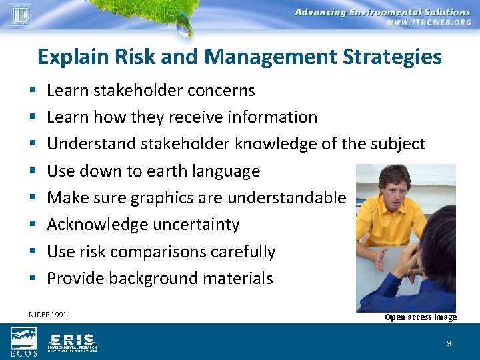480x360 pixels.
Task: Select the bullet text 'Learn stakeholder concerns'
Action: click(151, 90)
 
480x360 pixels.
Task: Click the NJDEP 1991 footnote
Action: click(48, 315)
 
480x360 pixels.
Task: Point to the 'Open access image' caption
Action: click(421, 317)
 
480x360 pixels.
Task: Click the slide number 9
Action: click(449, 343)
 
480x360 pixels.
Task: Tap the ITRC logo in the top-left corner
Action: click(19, 13)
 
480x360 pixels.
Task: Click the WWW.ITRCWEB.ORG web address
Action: click(428, 22)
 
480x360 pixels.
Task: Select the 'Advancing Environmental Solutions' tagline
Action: click(382, 12)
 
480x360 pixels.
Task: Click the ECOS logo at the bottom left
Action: click(23, 342)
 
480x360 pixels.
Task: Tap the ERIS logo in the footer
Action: click(72, 342)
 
